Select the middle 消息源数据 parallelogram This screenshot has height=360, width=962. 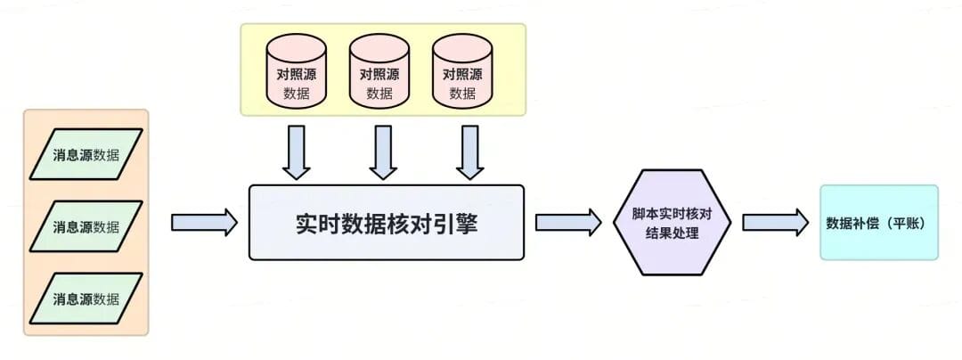coord(86,226)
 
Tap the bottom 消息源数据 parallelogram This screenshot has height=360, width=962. coord(86,299)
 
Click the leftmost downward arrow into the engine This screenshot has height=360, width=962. coord(296,152)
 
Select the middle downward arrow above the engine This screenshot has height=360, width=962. coord(383,152)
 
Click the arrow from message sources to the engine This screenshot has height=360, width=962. coord(204,222)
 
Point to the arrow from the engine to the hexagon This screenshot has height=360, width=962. coord(568,222)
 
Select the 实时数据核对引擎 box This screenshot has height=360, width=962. coord(386,223)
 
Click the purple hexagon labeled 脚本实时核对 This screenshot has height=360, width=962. coord(673,223)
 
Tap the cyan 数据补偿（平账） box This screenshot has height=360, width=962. coord(878,223)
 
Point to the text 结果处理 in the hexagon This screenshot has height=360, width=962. coord(673,233)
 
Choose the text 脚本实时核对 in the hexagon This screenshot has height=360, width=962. coord(673,214)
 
